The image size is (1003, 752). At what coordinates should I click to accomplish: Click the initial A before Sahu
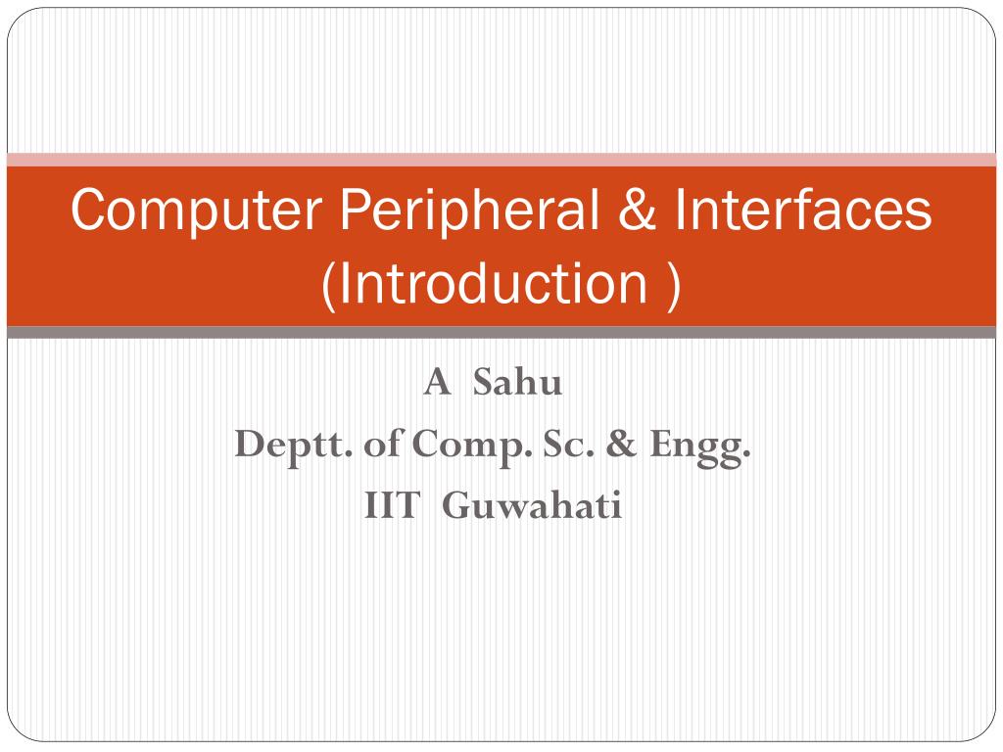click(436, 383)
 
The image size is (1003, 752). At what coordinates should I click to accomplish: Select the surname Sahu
click(518, 383)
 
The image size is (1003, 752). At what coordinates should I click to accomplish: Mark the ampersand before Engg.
click(620, 446)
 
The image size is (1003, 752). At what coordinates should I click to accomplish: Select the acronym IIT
click(392, 507)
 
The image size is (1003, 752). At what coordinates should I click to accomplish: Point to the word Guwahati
click(532, 507)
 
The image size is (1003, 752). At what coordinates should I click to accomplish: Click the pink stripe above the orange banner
click(501, 160)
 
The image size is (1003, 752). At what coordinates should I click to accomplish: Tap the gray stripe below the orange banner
click(501, 333)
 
